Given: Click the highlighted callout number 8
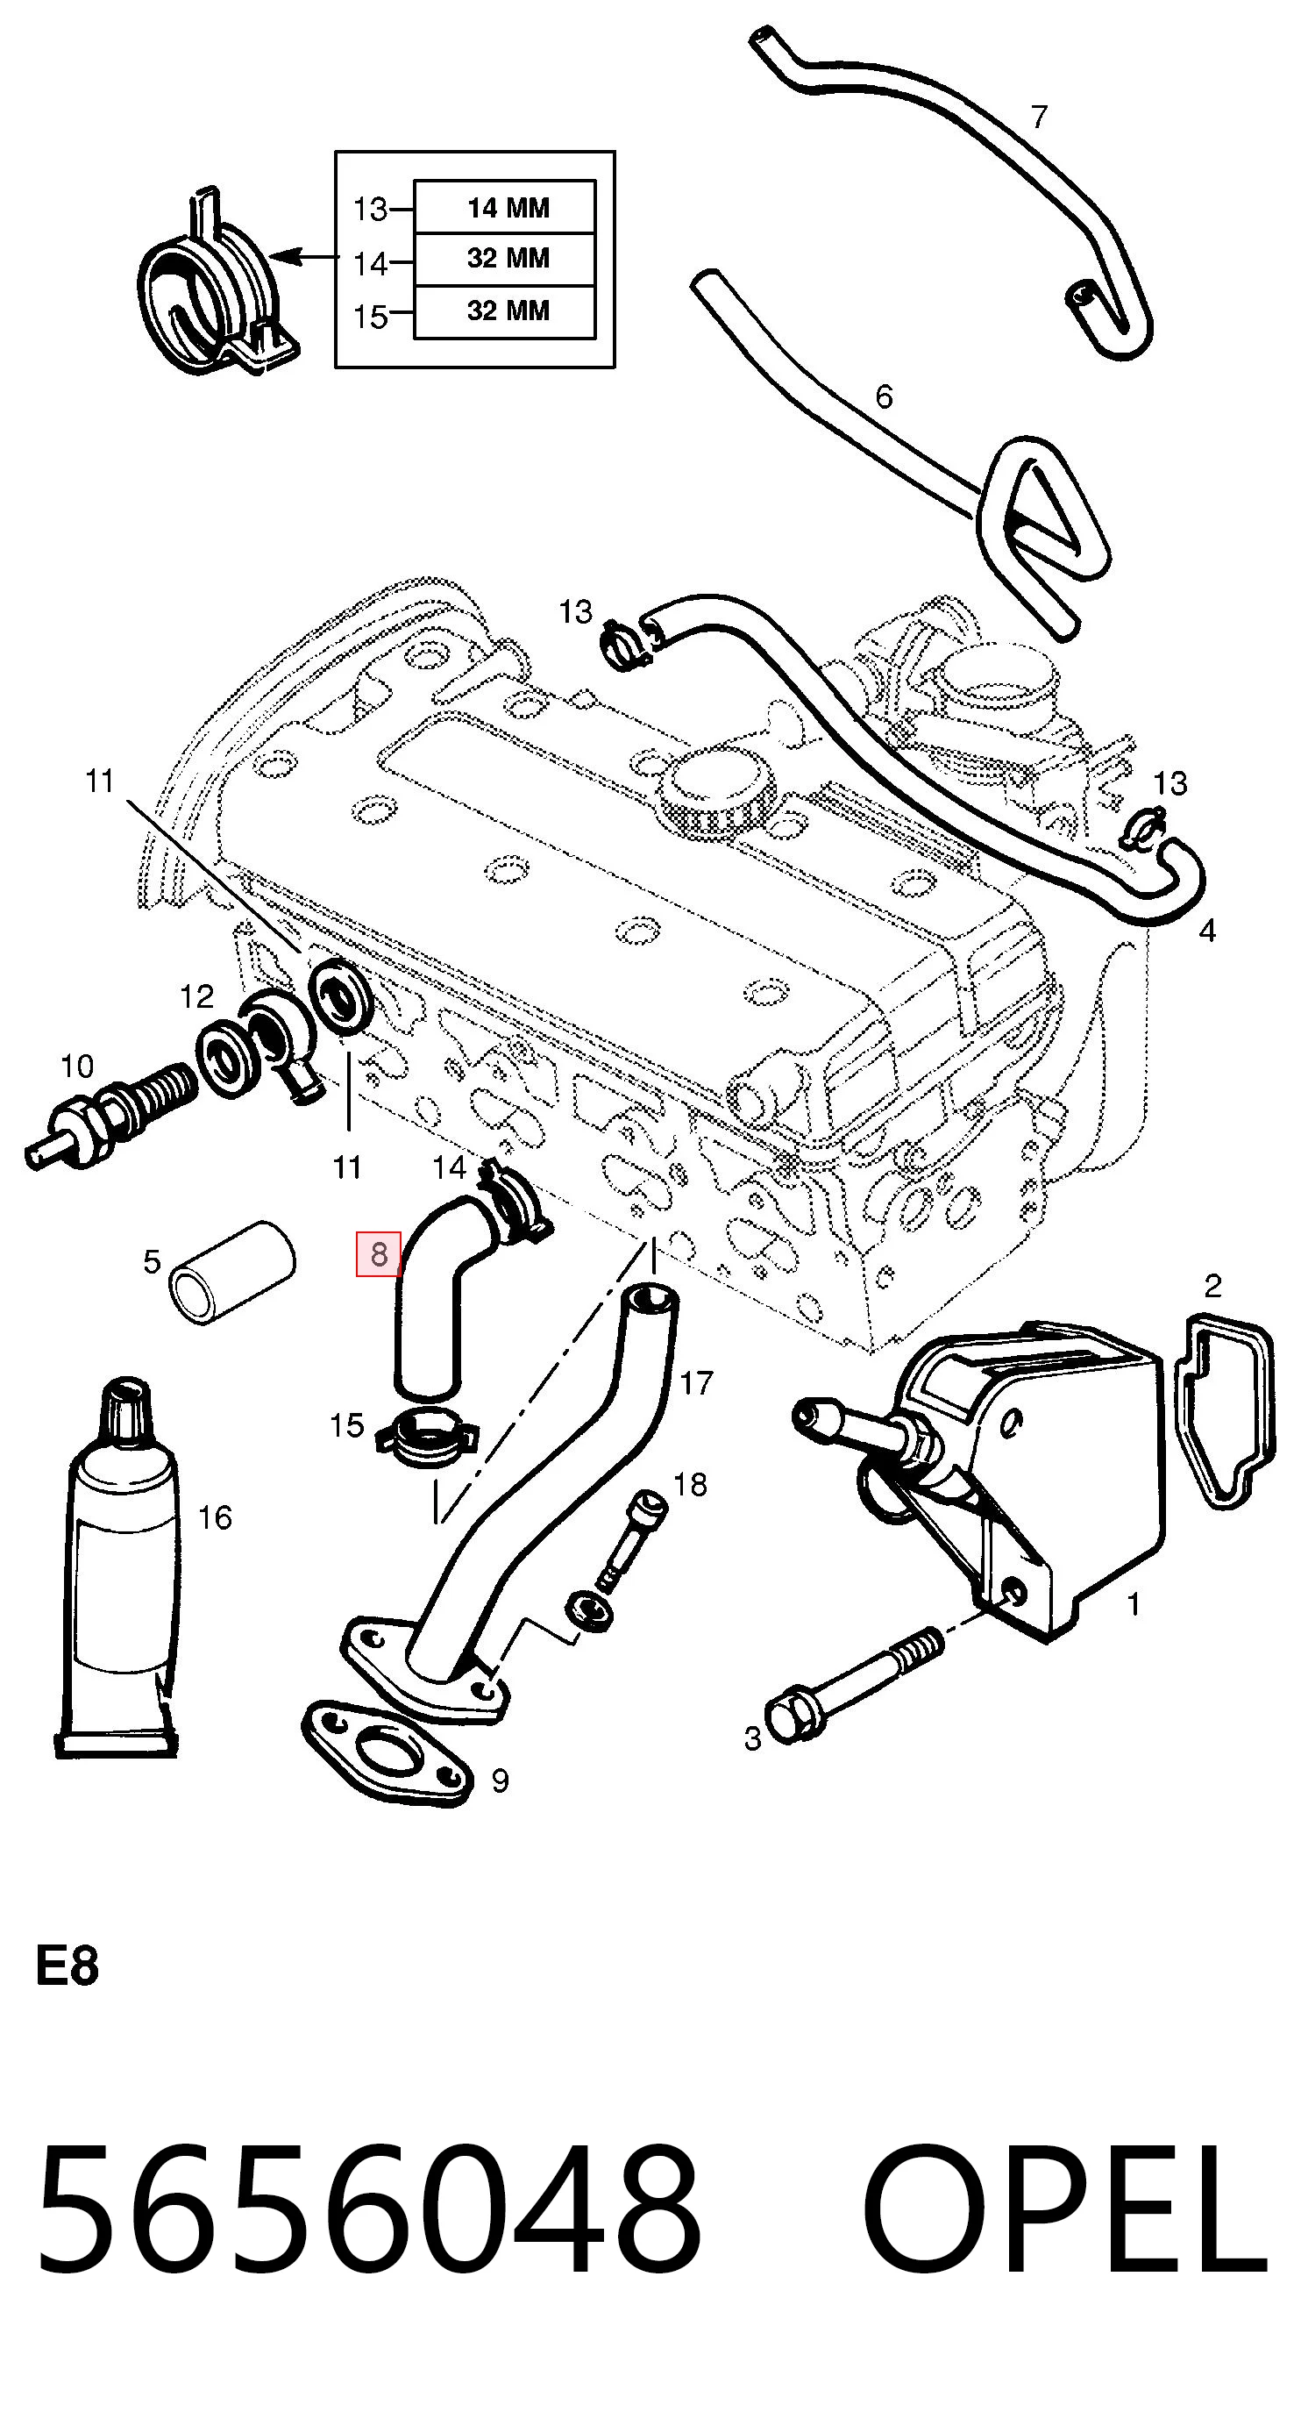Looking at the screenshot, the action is pyautogui.click(x=378, y=1253).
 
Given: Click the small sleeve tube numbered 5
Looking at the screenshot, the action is pyautogui.click(x=232, y=1273).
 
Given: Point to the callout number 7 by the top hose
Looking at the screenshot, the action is pyautogui.click(x=1039, y=117).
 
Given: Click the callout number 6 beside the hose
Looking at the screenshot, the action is pyautogui.click(x=884, y=397).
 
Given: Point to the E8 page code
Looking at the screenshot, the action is pyautogui.click(x=67, y=1966).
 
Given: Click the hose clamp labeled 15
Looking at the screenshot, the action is pyautogui.click(x=427, y=1438).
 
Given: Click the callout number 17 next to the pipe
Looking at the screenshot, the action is pyautogui.click(x=696, y=1382).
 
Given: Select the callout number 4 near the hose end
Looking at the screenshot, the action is pyautogui.click(x=1207, y=931).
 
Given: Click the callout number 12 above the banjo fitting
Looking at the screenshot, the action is pyautogui.click(x=197, y=996).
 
